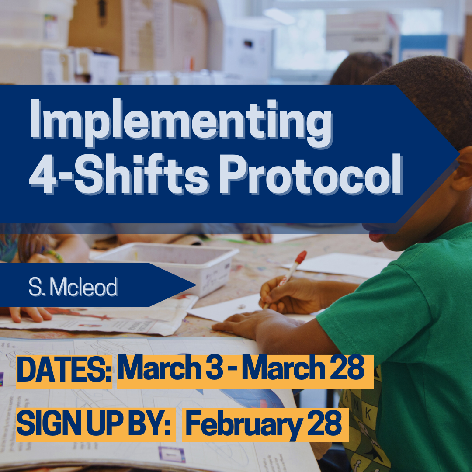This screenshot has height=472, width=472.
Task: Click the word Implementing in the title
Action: [181, 123]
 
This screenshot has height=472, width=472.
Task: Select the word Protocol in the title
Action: [311, 174]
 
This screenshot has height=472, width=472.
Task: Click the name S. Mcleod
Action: [73, 287]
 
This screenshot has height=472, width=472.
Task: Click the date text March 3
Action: [170, 368]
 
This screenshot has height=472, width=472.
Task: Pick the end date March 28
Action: [303, 368]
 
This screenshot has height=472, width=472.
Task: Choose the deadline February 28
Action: [264, 424]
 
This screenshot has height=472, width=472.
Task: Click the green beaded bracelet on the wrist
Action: [54, 255]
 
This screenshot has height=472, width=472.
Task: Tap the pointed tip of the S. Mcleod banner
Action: [196, 285]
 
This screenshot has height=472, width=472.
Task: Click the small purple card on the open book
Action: [172, 454]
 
